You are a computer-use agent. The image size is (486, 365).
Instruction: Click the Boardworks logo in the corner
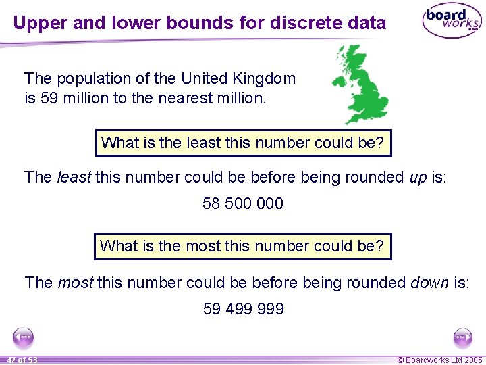tap(451, 22)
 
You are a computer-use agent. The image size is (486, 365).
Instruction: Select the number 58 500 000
tap(243, 203)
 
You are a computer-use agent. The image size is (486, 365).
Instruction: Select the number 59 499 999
tap(243, 309)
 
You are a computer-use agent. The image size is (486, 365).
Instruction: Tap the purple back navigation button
tap(24, 337)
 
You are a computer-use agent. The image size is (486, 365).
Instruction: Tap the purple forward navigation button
tap(462, 337)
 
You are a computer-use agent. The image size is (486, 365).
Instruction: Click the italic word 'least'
tap(74, 177)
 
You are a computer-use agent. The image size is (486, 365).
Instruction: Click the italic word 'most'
tap(75, 283)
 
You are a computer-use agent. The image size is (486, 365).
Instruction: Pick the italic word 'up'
tap(417, 177)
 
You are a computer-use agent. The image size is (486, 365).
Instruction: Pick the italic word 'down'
tap(429, 283)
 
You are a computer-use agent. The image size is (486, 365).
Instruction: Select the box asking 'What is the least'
tap(243, 143)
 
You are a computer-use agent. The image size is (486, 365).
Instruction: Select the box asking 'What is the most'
tap(243, 246)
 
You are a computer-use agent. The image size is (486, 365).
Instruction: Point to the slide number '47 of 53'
tap(22, 360)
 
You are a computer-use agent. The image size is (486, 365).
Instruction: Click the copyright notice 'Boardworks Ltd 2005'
tap(439, 360)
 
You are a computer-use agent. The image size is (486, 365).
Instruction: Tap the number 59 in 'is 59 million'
tap(49, 98)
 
